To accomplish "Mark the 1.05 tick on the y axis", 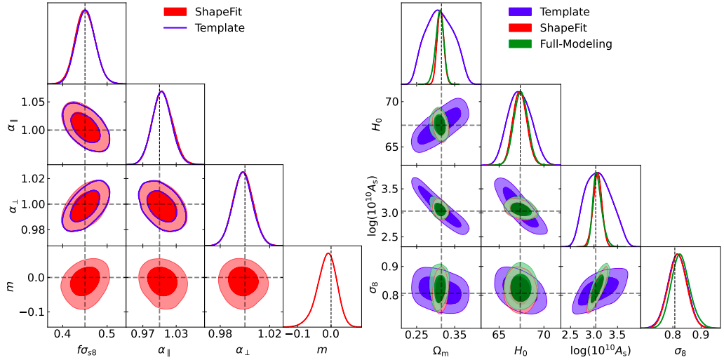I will coord(30,102).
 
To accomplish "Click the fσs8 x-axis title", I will coord(85,350).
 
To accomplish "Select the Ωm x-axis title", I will coord(441,350).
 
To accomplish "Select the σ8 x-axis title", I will coord(681,350).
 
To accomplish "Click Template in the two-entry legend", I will coord(220,28).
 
